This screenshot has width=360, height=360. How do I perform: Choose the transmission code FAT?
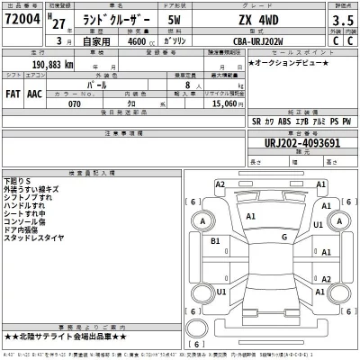point(14,91)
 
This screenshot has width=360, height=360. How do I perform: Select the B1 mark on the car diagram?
point(216,241)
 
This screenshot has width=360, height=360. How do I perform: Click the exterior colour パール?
point(137,79)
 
